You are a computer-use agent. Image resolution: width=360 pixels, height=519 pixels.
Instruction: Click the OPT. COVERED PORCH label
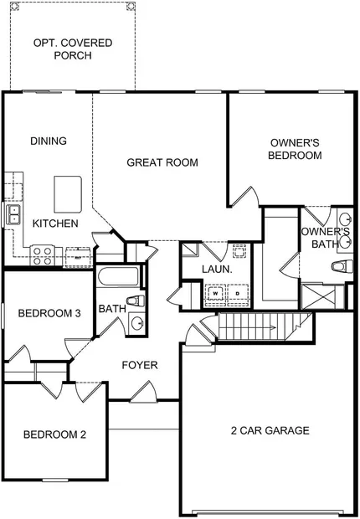73,49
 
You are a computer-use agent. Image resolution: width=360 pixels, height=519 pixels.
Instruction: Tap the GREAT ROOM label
162,162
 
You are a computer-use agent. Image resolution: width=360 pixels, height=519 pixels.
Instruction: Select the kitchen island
68,194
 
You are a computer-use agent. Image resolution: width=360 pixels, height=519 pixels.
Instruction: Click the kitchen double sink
14,214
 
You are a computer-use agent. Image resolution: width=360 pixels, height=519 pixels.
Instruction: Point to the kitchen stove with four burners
42,256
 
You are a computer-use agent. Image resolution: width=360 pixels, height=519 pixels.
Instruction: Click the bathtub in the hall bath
118,276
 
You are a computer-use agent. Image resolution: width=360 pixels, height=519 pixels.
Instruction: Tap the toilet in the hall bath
136,301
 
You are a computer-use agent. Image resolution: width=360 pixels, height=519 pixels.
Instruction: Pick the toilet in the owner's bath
342,266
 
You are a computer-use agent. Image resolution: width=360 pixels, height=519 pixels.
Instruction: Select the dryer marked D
238,294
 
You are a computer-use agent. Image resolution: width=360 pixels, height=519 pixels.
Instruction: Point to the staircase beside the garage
264,326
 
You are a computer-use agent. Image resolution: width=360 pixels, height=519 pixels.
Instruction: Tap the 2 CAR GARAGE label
270,430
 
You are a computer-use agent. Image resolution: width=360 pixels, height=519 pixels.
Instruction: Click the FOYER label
140,365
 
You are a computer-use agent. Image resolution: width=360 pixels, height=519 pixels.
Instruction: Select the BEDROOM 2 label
54,434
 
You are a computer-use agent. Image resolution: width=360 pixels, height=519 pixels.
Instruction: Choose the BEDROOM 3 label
49,313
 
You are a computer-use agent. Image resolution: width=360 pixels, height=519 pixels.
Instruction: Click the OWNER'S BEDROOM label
295,149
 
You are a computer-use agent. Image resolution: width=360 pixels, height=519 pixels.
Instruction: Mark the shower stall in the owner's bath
318,296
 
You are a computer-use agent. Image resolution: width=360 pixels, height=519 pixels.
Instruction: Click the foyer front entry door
143,393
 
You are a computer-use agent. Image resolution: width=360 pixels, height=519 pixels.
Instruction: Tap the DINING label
49,141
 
